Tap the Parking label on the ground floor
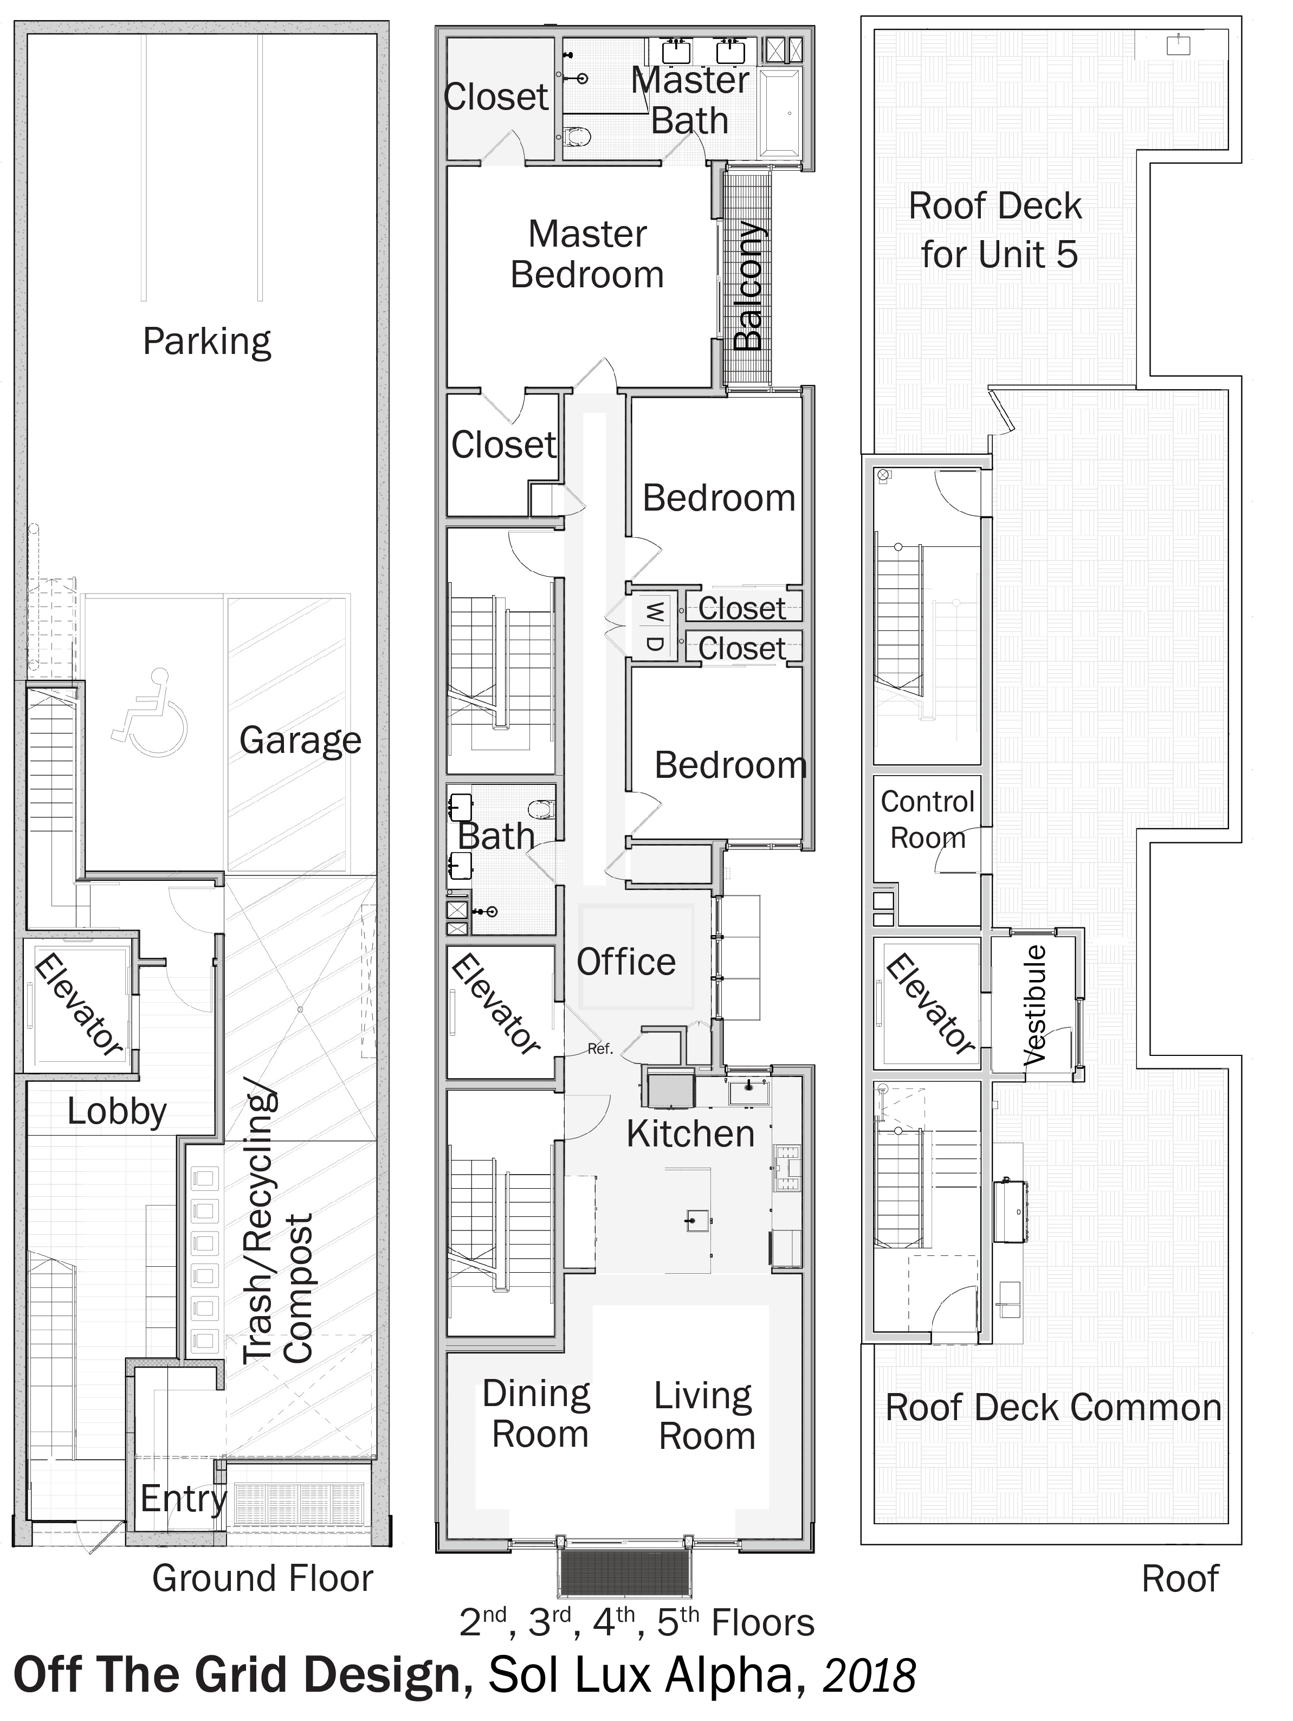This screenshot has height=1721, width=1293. [207, 341]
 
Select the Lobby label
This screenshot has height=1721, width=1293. [117, 1111]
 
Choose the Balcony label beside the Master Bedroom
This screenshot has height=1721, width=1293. [748, 286]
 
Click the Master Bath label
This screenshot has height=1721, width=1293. [690, 100]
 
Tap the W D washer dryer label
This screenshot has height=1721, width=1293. [656, 626]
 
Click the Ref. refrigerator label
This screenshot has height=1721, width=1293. [600, 1049]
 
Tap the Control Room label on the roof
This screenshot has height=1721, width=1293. [927, 819]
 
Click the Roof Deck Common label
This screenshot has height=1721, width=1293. [1053, 1408]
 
